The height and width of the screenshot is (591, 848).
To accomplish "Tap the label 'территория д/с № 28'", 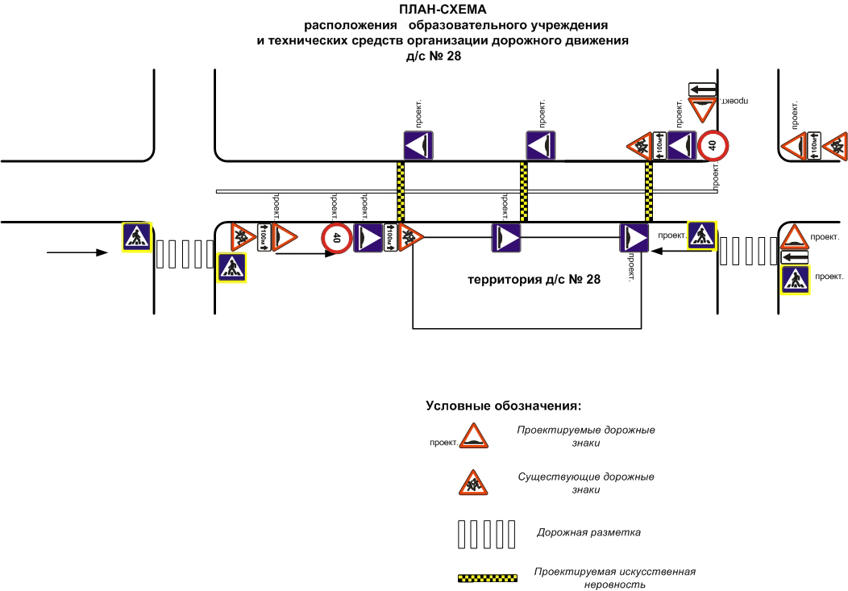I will click(x=534, y=280).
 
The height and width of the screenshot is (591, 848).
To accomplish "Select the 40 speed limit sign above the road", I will click(x=713, y=146).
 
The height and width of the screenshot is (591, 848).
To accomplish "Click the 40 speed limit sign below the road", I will click(x=336, y=238).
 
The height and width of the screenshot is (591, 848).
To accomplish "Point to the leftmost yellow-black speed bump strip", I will click(x=400, y=192).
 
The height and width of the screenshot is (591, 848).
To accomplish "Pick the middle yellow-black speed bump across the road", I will click(x=524, y=192).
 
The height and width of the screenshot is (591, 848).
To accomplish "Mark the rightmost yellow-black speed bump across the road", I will click(x=649, y=192).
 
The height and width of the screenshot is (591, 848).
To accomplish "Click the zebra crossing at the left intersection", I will click(x=181, y=254).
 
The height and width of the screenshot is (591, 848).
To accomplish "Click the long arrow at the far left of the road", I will click(x=77, y=252).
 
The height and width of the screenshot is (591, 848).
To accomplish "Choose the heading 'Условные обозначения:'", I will click(x=504, y=405).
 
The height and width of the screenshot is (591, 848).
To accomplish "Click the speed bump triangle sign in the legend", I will click(x=476, y=438).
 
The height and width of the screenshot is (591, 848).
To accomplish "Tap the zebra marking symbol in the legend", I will click(x=486, y=533).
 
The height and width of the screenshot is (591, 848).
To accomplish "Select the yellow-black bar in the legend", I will click(x=487, y=578).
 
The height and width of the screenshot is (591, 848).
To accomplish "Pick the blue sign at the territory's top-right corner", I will click(x=634, y=238).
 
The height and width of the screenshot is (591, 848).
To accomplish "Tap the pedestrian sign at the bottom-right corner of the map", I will click(x=796, y=280).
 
